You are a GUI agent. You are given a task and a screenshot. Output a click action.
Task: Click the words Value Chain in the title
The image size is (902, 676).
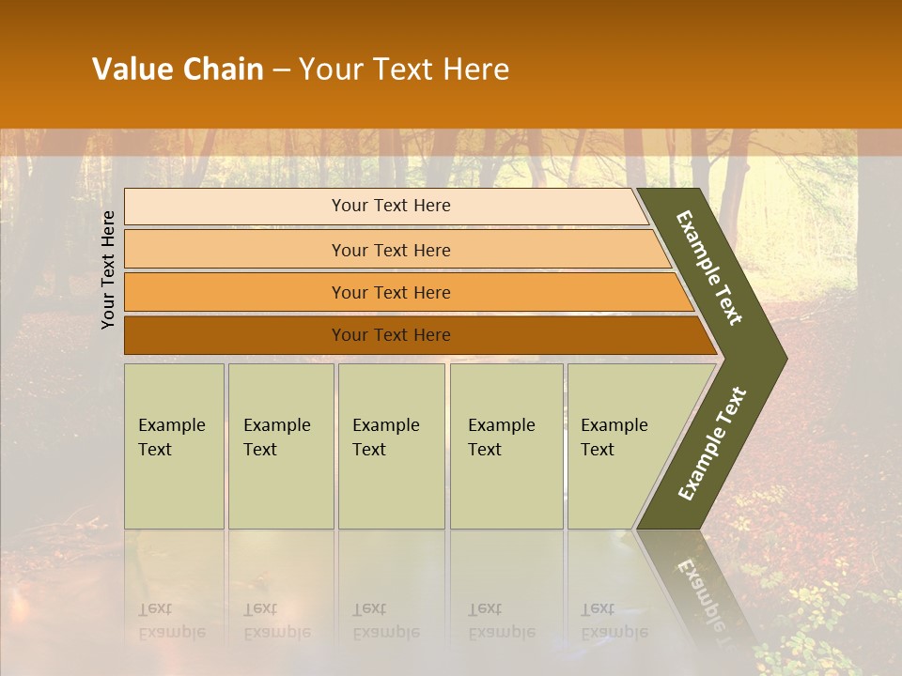pos(178,69)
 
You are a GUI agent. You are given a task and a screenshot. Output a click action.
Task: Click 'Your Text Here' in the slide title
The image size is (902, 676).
pos(404,69)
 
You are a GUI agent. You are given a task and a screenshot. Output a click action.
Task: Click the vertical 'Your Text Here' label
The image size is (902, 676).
pos(109,270)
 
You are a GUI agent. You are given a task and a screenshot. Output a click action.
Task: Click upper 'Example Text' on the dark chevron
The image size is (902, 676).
pos(709,268)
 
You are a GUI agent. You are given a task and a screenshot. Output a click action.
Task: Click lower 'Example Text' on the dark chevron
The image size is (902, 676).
pos(711,444)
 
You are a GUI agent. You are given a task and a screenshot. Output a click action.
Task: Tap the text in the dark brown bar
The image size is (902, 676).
pos(391,335)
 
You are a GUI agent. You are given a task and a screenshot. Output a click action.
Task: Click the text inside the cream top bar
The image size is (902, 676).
pos(391,206)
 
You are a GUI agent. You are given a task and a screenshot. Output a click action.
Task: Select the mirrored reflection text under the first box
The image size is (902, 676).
pos(171,622)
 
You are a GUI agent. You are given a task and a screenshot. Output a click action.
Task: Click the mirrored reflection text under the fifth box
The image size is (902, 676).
pos(614,622)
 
